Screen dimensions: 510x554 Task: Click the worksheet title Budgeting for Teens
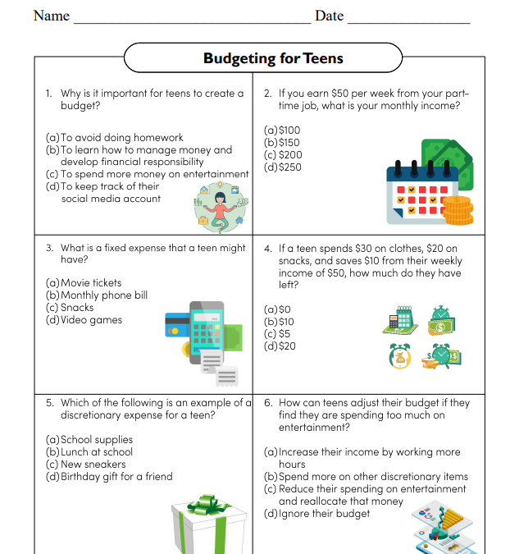tap(273, 58)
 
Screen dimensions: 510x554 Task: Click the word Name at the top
tap(51, 16)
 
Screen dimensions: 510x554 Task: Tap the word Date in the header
tap(329, 16)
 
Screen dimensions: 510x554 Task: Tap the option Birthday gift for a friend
tap(116, 477)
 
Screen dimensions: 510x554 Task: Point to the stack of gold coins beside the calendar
tap(458, 210)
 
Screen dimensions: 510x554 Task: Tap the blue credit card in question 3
tap(175, 325)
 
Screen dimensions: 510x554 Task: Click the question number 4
tap(267, 248)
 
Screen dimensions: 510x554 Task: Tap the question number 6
tap(267, 403)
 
